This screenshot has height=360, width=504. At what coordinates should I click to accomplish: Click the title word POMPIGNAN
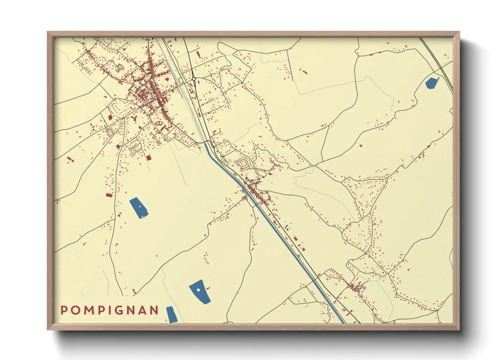[x=110, y=310]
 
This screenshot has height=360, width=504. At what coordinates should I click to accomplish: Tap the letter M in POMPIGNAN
[x=88, y=310]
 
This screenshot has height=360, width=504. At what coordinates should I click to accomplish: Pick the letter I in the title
[x=111, y=310]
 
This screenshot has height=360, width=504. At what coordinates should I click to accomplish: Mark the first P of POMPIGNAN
[x=64, y=310]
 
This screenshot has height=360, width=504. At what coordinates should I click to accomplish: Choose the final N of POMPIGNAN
[x=155, y=310]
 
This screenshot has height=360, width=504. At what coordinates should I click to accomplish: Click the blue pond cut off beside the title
[x=171, y=315]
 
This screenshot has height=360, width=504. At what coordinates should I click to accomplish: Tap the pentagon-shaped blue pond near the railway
[x=432, y=83]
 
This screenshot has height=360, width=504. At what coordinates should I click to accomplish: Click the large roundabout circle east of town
[x=194, y=79]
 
